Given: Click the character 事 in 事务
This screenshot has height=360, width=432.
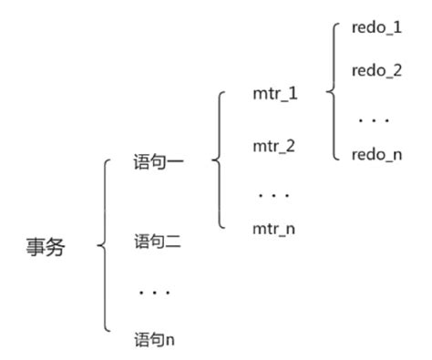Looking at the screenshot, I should (36, 248).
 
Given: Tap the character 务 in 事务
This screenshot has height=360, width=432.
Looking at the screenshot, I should (56, 248).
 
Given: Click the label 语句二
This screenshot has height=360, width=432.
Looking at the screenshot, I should (156, 243).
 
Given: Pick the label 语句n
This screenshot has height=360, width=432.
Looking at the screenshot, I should (155, 339).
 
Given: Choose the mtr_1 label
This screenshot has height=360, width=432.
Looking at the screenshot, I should (274, 95).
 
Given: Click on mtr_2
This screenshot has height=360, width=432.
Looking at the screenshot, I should (274, 145).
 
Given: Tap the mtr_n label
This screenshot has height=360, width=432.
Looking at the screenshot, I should (274, 228).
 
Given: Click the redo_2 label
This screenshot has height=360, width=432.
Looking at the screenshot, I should (376, 70).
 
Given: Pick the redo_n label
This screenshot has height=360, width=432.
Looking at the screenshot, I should (376, 156).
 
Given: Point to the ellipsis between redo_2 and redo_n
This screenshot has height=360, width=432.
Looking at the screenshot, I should (375, 118).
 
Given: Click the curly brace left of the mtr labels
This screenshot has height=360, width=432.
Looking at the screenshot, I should (218, 160).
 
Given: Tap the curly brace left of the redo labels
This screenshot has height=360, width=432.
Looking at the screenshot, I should (331, 91).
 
